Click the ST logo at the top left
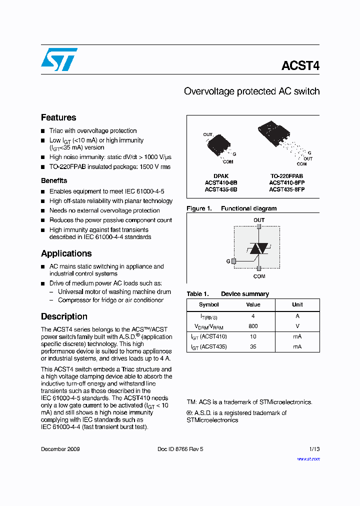tap(59, 59)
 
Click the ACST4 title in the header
tap(300, 66)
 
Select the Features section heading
tap(58, 117)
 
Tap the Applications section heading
tap(66, 253)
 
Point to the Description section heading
tap(64, 316)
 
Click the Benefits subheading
tap(54, 180)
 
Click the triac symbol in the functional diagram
tap(259, 248)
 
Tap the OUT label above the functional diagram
tap(259, 220)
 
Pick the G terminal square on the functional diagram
tap(233, 261)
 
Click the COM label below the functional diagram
tap(259, 276)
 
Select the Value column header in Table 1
tap(253, 304)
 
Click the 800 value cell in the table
tap(253, 326)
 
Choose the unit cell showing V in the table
tap(297, 326)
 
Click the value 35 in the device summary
tap(253, 346)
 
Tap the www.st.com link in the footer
tap(308, 458)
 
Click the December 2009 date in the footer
tap(60, 449)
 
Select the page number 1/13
tap(313, 449)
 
